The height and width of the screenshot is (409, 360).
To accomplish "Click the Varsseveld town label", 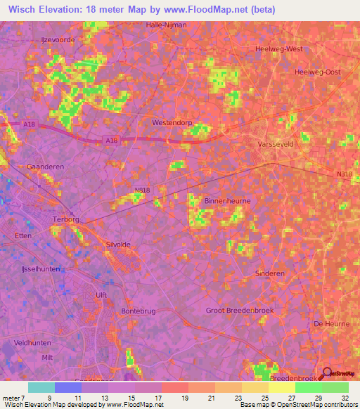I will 269,143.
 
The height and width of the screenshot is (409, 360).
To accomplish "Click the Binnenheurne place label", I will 227,200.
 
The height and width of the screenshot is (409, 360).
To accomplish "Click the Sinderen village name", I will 270,273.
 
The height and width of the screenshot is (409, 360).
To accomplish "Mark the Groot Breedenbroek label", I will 239,310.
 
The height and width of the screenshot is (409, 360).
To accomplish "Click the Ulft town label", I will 100,295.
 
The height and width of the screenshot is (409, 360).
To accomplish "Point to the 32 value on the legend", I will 344,398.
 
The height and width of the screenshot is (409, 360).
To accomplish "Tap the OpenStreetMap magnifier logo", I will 325,375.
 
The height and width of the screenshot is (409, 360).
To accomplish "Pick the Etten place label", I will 22,236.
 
